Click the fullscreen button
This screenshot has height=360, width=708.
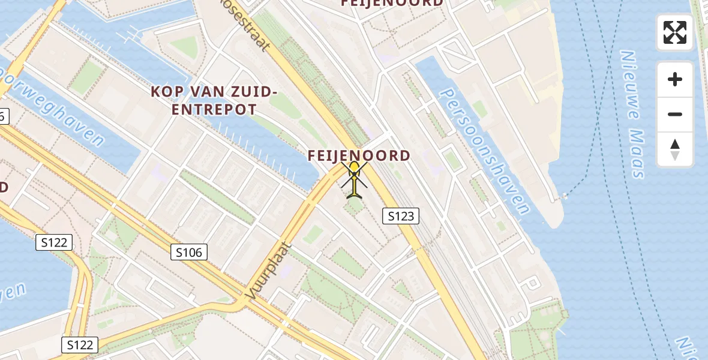click(x=675, y=32)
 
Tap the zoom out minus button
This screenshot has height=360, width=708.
click(x=675, y=114)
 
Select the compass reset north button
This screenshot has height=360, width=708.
click(x=675, y=149)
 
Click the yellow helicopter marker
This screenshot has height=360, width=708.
click(x=355, y=178)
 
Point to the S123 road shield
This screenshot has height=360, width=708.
click(x=401, y=216)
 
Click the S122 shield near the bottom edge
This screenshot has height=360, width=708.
click(x=80, y=345)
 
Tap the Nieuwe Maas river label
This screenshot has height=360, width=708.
click(x=631, y=114)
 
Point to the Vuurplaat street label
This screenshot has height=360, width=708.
click(x=268, y=271)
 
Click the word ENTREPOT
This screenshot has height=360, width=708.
click(x=214, y=109)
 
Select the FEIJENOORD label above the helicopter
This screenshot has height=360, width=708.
click(x=359, y=155)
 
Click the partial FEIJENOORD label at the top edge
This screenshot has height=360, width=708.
click(x=392, y=4)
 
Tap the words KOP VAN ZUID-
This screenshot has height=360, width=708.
click(x=214, y=92)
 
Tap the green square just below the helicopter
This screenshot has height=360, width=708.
click(x=355, y=206)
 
